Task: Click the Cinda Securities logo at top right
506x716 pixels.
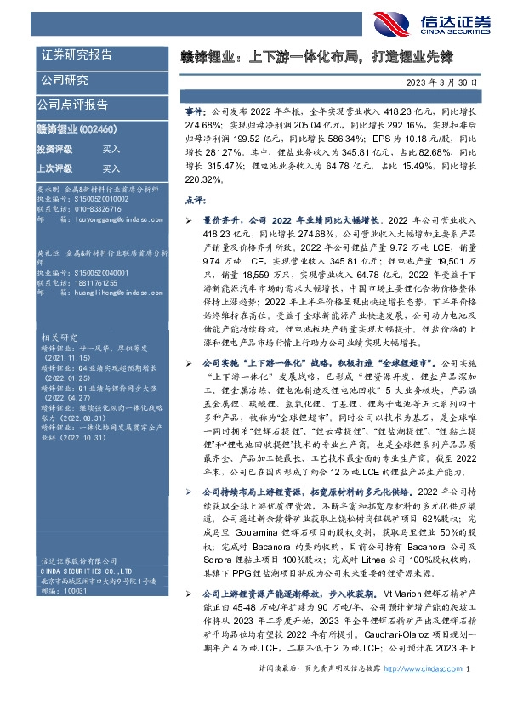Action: tap(429, 22)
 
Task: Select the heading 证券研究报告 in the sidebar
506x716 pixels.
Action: tap(77, 55)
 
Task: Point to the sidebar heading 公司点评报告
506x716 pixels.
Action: tap(72, 105)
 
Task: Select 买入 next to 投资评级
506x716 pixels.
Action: tap(111, 149)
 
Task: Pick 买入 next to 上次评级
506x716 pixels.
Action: tap(111, 169)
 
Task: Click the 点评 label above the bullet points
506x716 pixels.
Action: tap(194, 200)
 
